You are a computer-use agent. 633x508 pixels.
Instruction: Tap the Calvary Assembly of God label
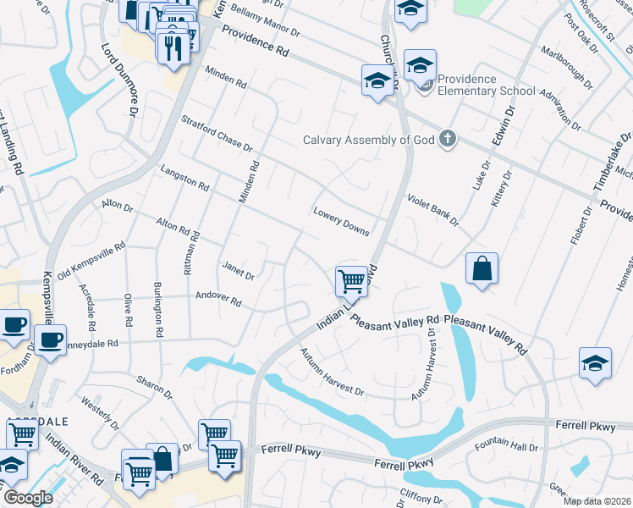pos(370,140)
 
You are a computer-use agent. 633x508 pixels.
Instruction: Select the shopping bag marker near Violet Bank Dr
pos(482,270)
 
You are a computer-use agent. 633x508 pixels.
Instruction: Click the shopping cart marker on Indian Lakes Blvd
pos(351,280)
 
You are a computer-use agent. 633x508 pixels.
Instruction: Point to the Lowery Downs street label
pos(341,222)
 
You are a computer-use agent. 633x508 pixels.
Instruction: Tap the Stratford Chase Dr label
pos(217,134)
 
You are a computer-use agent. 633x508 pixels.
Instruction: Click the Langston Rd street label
pos(184,178)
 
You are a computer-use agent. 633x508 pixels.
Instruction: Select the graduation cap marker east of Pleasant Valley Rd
pos(595,363)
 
